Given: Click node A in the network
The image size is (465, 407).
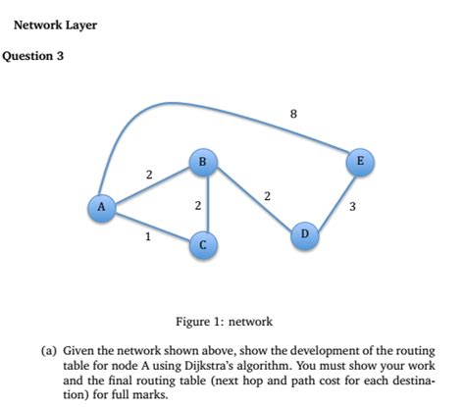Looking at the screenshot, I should (99, 206).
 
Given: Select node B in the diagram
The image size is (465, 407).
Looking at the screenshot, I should (202, 161).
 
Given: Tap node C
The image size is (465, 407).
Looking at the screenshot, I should (202, 243).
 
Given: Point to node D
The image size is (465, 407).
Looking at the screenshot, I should (305, 234).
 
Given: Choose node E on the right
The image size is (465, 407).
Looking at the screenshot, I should (360, 161).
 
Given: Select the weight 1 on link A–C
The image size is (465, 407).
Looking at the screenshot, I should (147, 236).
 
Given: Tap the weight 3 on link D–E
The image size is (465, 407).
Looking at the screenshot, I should (352, 207).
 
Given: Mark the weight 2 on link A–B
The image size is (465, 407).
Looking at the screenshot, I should (148, 175).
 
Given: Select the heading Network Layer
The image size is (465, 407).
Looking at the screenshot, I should (55, 25).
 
